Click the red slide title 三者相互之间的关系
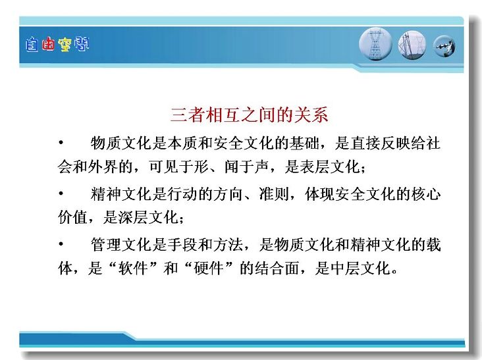pos(250,115)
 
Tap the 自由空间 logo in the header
pos(57,45)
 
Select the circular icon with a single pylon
pos(375,44)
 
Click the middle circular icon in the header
pos(412,45)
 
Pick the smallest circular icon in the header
pos(444,46)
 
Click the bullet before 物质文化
pos(61,142)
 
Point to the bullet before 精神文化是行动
pos(61,193)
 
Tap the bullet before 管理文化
pos(61,244)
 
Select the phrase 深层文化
pos(148,217)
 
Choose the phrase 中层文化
pos(360,268)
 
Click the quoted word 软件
pos(132,268)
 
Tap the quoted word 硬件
pos(209,268)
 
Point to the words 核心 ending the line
pos(426,194)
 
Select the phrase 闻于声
pos(246,167)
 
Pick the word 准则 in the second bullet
pos(274,194)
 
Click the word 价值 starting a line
pos(73,217)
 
